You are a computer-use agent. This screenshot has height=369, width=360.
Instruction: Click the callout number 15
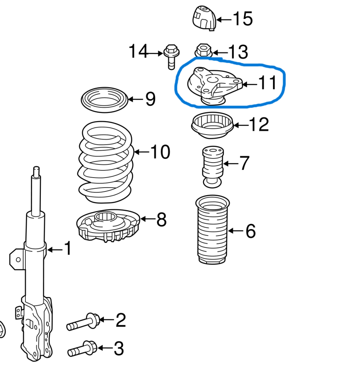click(243, 19)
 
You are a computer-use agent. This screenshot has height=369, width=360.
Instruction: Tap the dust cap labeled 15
click(204, 18)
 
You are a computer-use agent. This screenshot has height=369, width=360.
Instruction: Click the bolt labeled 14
click(170, 56)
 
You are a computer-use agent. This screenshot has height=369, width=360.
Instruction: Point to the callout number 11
click(267, 83)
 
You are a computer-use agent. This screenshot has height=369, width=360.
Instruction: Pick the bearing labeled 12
click(212, 126)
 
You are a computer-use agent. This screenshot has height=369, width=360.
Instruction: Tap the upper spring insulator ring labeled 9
click(105, 100)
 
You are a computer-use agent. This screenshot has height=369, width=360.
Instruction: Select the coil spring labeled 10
click(106, 161)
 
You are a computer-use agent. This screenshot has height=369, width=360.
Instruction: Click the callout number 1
click(68, 249)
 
